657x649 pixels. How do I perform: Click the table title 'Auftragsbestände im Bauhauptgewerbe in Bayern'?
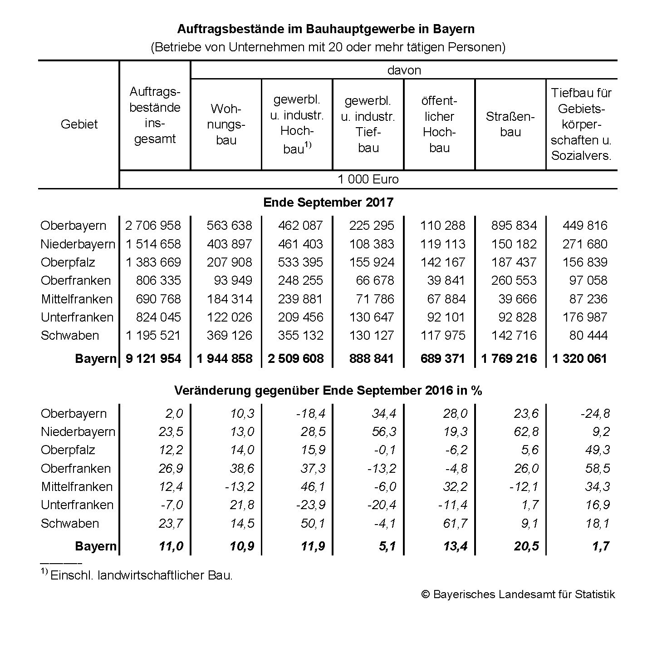[325, 29]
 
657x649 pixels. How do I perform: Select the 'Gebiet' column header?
[79, 124]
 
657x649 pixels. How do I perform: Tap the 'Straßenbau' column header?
[510, 124]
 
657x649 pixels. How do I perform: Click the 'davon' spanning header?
[404, 70]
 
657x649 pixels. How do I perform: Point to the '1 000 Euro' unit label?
[368, 179]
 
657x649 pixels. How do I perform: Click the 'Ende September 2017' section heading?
[328, 203]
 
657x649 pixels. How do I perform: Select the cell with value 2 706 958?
[153, 226]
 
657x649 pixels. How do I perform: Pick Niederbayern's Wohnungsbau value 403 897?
[229, 244]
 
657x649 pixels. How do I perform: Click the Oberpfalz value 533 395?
[300, 263]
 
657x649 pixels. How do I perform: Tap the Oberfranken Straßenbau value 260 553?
[514, 281]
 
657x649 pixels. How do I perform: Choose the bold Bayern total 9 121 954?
[153, 359]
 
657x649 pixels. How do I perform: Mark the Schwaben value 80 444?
[588, 336]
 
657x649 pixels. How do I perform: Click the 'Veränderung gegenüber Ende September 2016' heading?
[328, 391]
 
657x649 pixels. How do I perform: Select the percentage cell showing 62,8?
[527, 432]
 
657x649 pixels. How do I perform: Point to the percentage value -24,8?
[595, 413]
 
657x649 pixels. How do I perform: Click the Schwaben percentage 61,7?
[455, 524]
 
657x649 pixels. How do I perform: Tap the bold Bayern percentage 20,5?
[526, 546]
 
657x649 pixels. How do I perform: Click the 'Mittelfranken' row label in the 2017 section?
[77, 299]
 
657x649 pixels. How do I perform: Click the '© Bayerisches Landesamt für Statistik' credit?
[518, 595]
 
